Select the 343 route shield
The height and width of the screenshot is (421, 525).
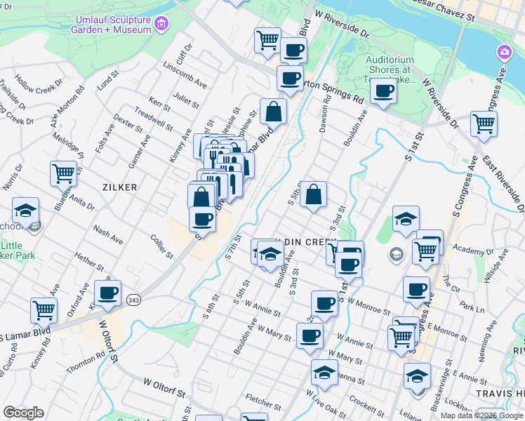(133, 300)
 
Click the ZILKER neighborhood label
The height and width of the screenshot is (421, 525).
(119, 187)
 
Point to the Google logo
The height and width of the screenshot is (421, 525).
(23, 413)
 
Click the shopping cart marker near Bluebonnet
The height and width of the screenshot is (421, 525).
(63, 172)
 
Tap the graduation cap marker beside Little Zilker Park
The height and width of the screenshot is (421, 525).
(25, 210)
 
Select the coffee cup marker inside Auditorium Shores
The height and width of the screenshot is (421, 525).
(383, 92)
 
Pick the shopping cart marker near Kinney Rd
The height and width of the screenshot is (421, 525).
(44, 309)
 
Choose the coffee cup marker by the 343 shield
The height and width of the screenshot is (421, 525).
(107, 293)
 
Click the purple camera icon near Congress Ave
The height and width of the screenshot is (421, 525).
(504, 53)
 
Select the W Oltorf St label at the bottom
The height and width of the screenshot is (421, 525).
(164, 385)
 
